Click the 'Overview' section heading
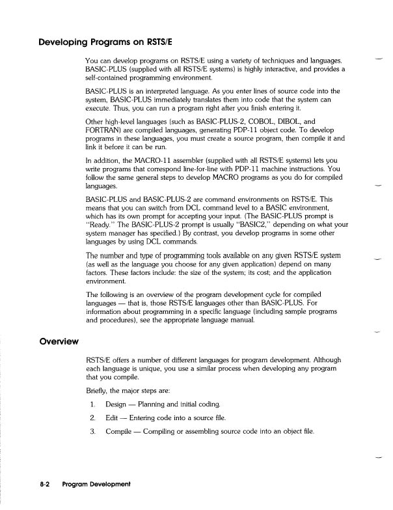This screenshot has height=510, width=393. [40, 340]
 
